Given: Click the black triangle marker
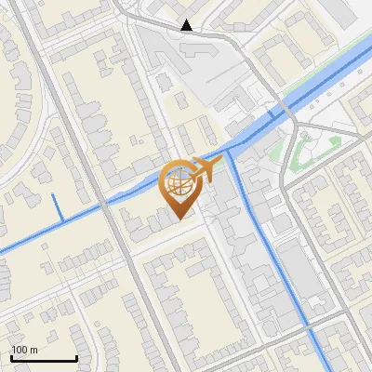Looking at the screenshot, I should point(187,25).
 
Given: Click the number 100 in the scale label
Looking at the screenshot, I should point(20,350).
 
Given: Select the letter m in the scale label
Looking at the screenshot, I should point(33,350).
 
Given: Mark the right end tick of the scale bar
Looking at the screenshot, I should point(76,357).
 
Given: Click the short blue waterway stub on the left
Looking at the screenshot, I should point(59,206).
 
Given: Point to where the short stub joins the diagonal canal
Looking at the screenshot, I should point(62,223).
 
